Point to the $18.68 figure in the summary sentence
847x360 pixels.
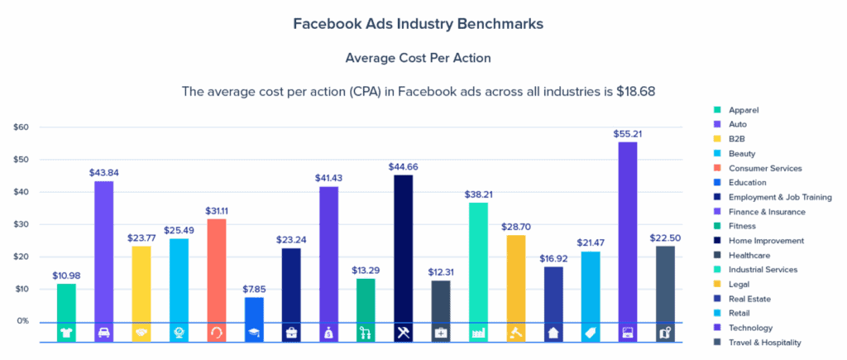pyautogui.click(x=635, y=91)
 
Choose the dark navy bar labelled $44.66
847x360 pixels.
pyautogui.click(x=403, y=248)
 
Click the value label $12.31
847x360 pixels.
pyautogui.click(x=442, y=271)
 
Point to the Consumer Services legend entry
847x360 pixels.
pyautogui.click(x=765, y=168)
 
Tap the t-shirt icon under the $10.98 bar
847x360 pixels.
pyautogui.click(x=66, y=333)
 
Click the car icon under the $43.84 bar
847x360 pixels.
pyautogui.click(x=104, y=333)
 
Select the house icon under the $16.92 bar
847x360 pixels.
pyautogui.click(x=554, y=333)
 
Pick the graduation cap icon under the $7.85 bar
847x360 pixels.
pyautogui.click(x=255, y=333)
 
